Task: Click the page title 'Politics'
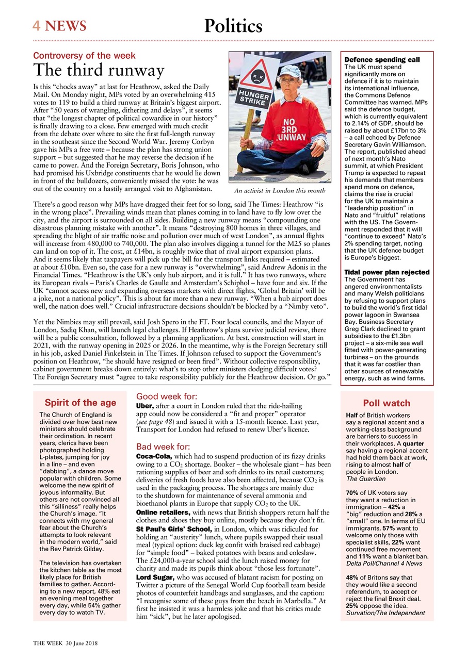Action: pyautogui.click(x=233, y=26)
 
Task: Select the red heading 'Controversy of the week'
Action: pyautogui.click(x=84, y=56)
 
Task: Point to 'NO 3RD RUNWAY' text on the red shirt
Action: pyautogui.click(x=292, y=129)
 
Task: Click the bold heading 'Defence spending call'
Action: pyautogui.click(x=381, y=60)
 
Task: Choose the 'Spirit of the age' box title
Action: pyautogui.click(x=80, y=403)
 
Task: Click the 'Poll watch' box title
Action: pyautogui.click(x=387, y=403)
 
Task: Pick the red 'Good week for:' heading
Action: pyautogui.click(x=166, y=397)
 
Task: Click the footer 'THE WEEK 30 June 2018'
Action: pyautogui.click(x=66, y=643)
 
